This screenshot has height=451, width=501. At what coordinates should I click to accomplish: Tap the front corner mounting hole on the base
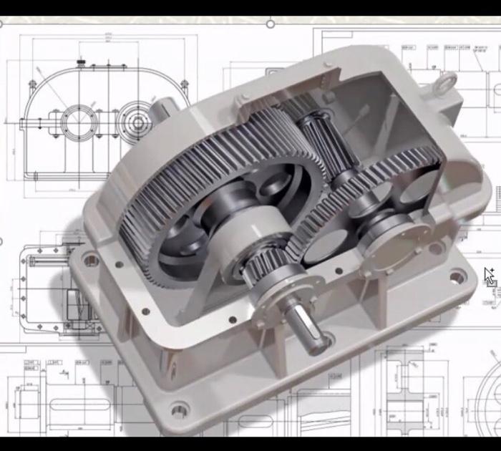[179, 410]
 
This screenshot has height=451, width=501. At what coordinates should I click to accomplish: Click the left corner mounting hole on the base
[91, 259]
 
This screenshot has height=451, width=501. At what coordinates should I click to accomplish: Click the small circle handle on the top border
[271, 24]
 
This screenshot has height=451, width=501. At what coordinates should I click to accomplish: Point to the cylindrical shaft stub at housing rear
[163, 111]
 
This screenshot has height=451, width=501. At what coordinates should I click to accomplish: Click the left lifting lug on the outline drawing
[31, 84]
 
